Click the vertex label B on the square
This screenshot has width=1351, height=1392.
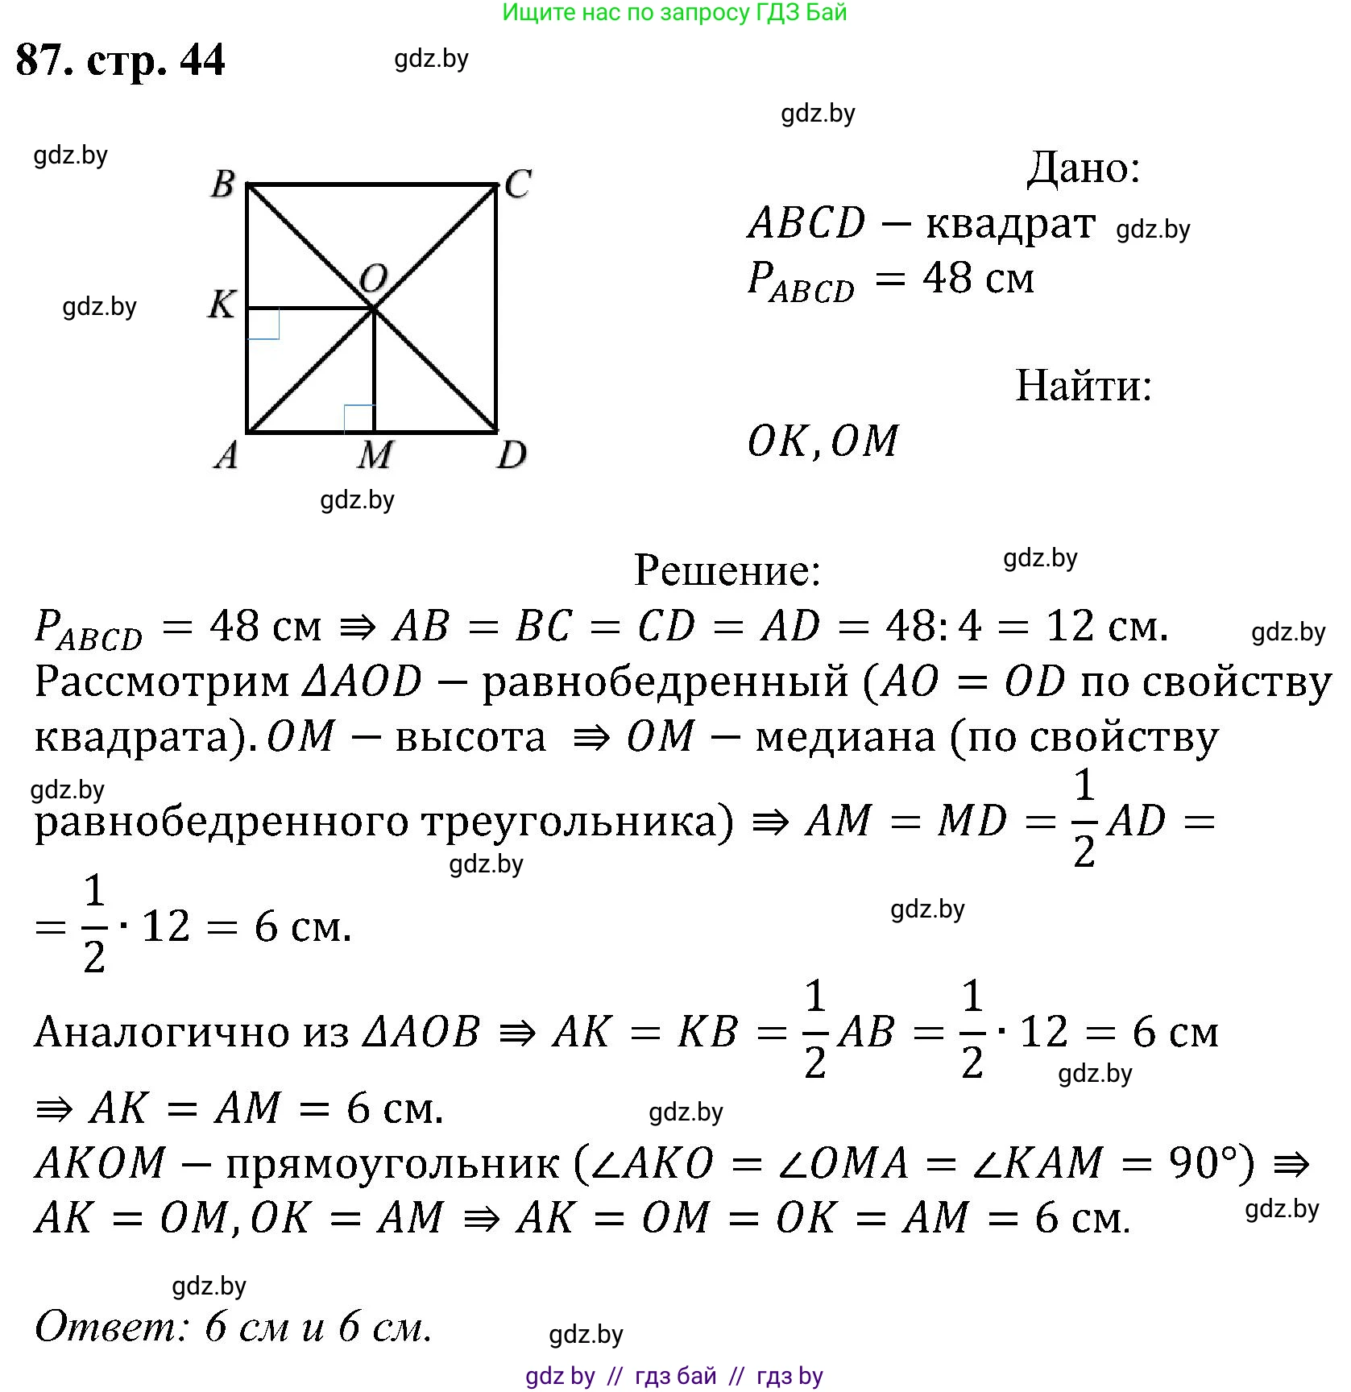tap(223, 184)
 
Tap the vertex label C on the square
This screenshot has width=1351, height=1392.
tap(517, 184)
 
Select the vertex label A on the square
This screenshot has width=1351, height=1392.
tap(226, 455)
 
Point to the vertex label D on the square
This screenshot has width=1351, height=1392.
tap(512, 455)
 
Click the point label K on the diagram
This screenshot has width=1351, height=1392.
tap(222, 304)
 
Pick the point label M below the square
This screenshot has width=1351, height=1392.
tap(375, 456)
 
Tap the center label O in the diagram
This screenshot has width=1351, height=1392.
tap(373, 279)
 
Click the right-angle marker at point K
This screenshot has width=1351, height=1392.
tap(263, 324)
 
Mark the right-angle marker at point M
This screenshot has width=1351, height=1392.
tap(359, 418)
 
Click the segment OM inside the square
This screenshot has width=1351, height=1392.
tap(375, 371)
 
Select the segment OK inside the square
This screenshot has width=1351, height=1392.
tap(310, 308)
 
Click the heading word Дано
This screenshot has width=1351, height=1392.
tap(1083, 168)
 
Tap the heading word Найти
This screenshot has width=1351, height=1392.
tap(1083, 385)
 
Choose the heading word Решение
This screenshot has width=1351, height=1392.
tap(727, 570)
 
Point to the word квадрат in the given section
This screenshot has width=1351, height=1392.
tap(1010, 224)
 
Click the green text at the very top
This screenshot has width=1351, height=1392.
tap(674, 12)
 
